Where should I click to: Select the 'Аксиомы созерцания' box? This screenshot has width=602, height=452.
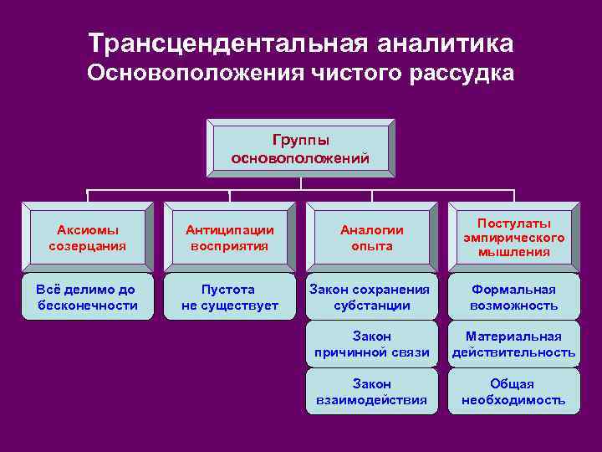click(x=88, y=238)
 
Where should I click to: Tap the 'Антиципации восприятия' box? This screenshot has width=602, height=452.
click(x=230, y=238)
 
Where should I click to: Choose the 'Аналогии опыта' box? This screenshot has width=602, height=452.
click(x=372, y=238)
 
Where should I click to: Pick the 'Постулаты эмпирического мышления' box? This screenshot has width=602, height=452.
click(x=514, y=238)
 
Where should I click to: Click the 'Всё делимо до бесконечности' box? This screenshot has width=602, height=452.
click(x=88, y=297)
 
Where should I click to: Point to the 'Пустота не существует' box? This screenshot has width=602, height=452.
click(x=230, y=297)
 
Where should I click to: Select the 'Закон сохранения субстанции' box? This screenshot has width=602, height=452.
click(x=372, y=297)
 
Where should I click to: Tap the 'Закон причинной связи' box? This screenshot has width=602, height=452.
click(x=372, y=344)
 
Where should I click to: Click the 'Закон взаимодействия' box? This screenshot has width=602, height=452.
click(x=372, y=392)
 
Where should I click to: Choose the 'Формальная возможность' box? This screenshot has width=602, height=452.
click(x=514, y=297)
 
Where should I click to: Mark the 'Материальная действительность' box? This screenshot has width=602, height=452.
click(x=514, y=344)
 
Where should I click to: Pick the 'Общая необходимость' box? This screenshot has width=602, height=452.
click(x=514, y=392)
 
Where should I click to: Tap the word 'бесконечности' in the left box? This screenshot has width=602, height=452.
click(x=88, y=306)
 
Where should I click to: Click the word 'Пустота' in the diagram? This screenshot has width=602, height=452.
click(x=228, y=290)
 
